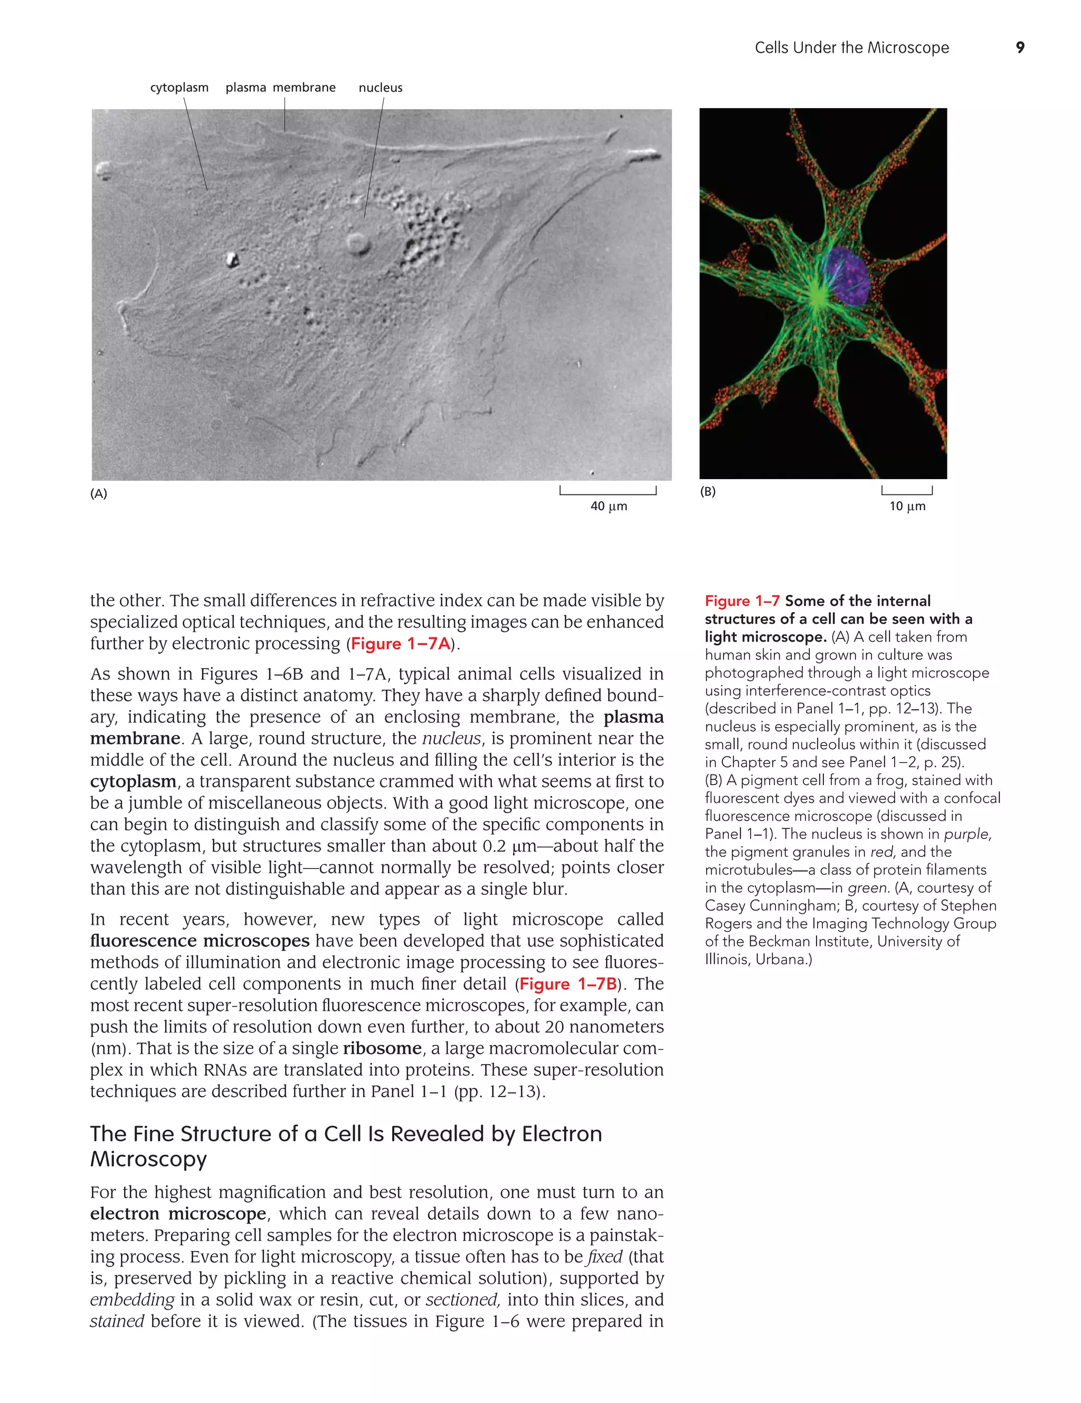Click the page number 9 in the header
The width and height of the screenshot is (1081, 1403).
point(1019,47)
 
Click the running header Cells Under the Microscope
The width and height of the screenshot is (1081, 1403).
point(851,47)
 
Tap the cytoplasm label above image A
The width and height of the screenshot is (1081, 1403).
point(179,88)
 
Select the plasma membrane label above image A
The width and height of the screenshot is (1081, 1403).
point(280,88)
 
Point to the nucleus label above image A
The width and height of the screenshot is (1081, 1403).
point(380,88)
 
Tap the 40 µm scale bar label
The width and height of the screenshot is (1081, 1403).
point(608,506)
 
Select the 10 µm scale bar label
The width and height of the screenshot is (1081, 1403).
point(907,506)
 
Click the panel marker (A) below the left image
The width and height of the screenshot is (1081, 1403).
point(98,493)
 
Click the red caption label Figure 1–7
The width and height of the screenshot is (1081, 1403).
point(742,600)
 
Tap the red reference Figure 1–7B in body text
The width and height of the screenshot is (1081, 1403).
point(567,984)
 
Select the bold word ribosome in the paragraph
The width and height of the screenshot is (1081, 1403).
point(382,1048)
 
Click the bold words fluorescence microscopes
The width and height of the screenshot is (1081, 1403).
point(199,941)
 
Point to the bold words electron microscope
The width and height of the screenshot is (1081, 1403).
point(178,1214)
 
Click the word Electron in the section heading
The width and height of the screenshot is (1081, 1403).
point(561,1134)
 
